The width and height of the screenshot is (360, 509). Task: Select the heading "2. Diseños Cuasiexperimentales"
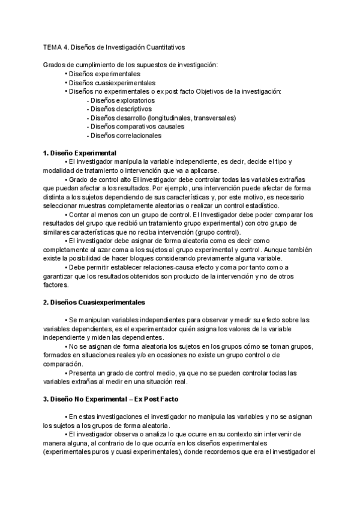(x=94, y=303)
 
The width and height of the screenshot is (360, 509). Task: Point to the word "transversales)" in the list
(x=216, y=118)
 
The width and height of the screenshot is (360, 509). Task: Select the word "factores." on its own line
(x=56, y=286)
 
